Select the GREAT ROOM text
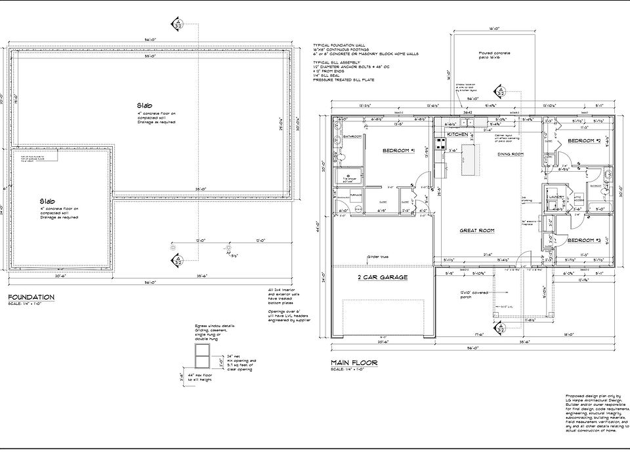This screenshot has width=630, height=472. pyautogui.click(x=476, y=230)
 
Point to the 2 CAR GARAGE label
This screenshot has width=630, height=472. pyautogui.click(x=383, y=277)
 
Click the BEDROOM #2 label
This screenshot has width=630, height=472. pyautogui.click(x=585, y=141)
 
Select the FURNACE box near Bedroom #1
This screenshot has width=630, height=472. pyautogui.click(x=357, y=195)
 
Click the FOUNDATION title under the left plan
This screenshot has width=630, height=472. pyautogui.click(x=31, y=297)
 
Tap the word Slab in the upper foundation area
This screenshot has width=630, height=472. pyautogui.click(x=144, y=105)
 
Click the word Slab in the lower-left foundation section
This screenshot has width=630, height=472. pyautogui.click(x=46, y=201)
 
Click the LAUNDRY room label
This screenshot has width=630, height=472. pyautogui.click(x=560, y=196)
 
